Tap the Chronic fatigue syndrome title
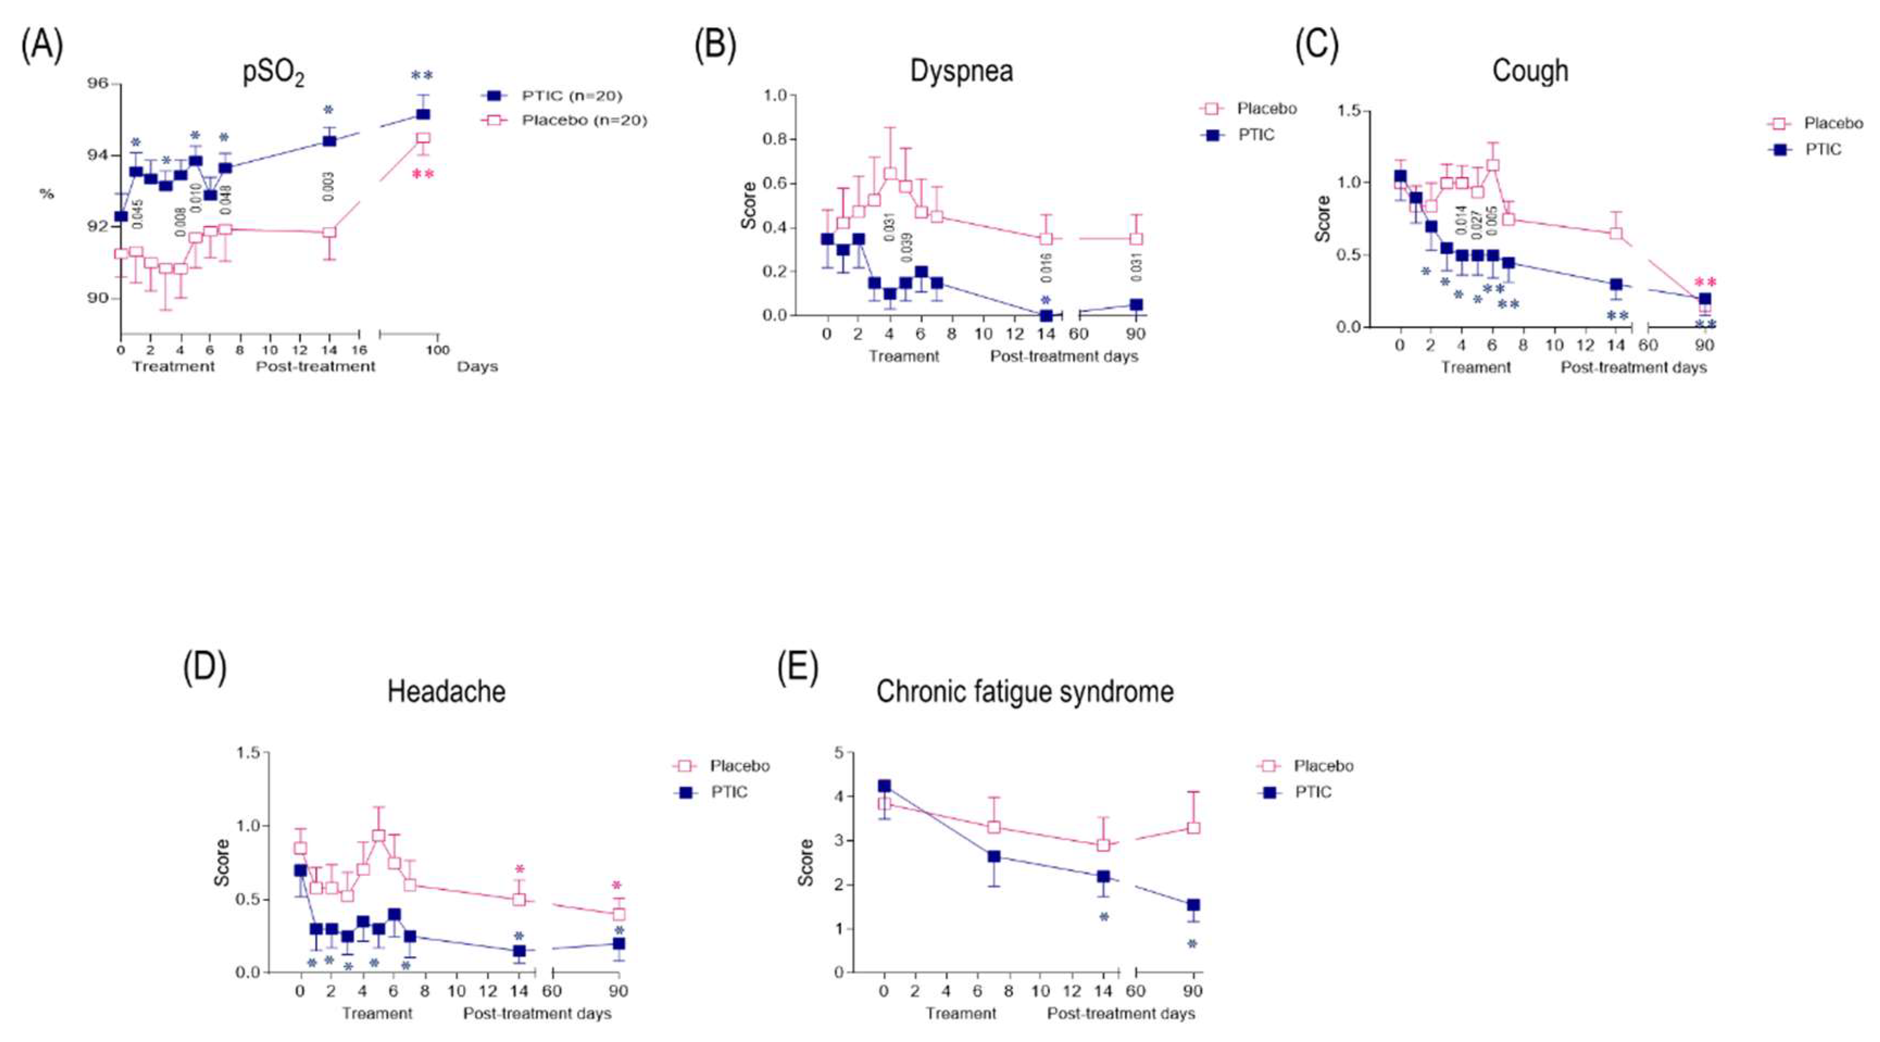1025,692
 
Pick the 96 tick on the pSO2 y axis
97,83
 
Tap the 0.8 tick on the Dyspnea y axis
780,140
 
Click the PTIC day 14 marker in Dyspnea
1046,315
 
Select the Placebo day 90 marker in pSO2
423,138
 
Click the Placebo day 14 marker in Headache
519,899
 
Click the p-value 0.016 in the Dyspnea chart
1046,268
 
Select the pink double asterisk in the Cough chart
1706,283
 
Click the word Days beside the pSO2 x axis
477,366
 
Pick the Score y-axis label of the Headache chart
222,863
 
